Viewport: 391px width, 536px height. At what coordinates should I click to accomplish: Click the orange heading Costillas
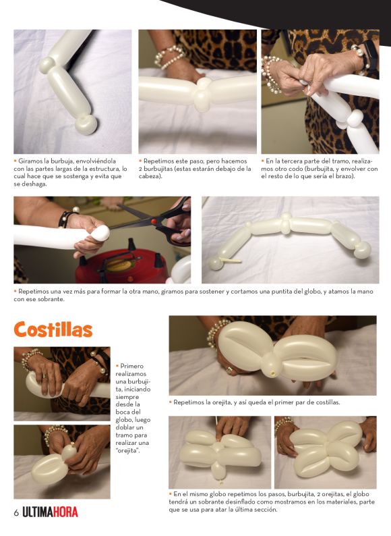(x=53, y=329)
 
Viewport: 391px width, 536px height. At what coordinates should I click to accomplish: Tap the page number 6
(x=16, y=513)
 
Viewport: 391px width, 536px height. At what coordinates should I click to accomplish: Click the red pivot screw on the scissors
(x=154, y=221)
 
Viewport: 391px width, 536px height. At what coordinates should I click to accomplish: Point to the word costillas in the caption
(x=325, y=403)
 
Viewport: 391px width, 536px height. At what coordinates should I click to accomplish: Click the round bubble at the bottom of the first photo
(x=86, y=124)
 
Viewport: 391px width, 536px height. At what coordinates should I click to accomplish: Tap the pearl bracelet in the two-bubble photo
(x=170, y=56)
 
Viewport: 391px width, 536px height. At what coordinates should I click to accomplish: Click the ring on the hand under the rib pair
(x=229, y=370)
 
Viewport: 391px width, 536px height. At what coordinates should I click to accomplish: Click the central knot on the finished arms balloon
(x=286, y=223)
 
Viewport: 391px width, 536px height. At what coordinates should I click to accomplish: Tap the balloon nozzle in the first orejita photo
(x=72, y=444)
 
